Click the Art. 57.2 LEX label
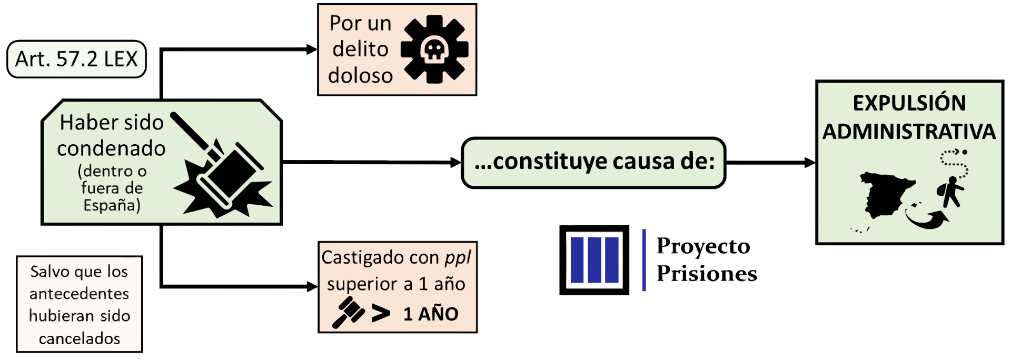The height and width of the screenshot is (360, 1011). coord(76,59)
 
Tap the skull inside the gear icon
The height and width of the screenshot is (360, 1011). coord(434,50)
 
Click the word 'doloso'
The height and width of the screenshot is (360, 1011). coord(360,76)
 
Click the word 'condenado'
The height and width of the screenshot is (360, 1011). coord(111,148)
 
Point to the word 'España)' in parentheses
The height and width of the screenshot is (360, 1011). coord(112,205)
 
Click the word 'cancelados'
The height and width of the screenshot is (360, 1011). coord(80,338)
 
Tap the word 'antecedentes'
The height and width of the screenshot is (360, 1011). coord(80,294)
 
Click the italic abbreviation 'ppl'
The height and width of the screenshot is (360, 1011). coord(458,257)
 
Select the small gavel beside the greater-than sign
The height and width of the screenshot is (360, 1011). coord(348,312)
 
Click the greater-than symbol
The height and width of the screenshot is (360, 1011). coord(381,314)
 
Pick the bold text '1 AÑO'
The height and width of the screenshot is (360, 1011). coord(431,314)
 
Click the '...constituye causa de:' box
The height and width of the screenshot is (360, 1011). coord(593,162)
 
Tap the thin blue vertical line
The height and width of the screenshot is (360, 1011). coord(644,260)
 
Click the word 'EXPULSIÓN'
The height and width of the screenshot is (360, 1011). coord(909,103)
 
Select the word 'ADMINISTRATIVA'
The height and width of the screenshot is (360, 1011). coord(909,132)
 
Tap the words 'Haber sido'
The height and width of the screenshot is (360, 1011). coord(112,123)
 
